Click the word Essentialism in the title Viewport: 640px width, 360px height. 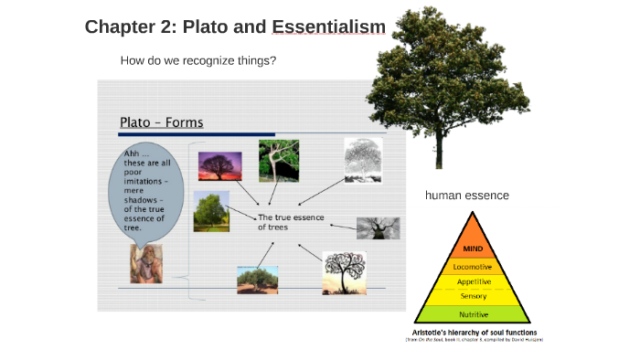pyautogui.click(x=328, y=26)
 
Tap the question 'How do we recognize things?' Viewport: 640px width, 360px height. pyautogui.click(x=198, y=61)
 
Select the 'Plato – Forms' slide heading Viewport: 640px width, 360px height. pyautogui.click(x=162, y=122)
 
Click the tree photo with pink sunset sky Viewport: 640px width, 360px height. pyautogui.click(x=219, y=167)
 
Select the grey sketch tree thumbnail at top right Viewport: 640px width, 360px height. pyautogui.click(x=362, y=160)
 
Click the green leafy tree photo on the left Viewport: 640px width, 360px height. pyautogui.click(x=211, y=211)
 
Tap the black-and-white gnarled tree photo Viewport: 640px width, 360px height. pyautogui.click(x=377, y=228)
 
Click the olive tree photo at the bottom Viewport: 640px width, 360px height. pyautogui.click(x=257, y=279)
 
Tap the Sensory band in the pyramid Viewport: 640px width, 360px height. pyautogui.click(x=473, y=296)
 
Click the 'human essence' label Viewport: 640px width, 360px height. pyautogui.click(x=466, y=195)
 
